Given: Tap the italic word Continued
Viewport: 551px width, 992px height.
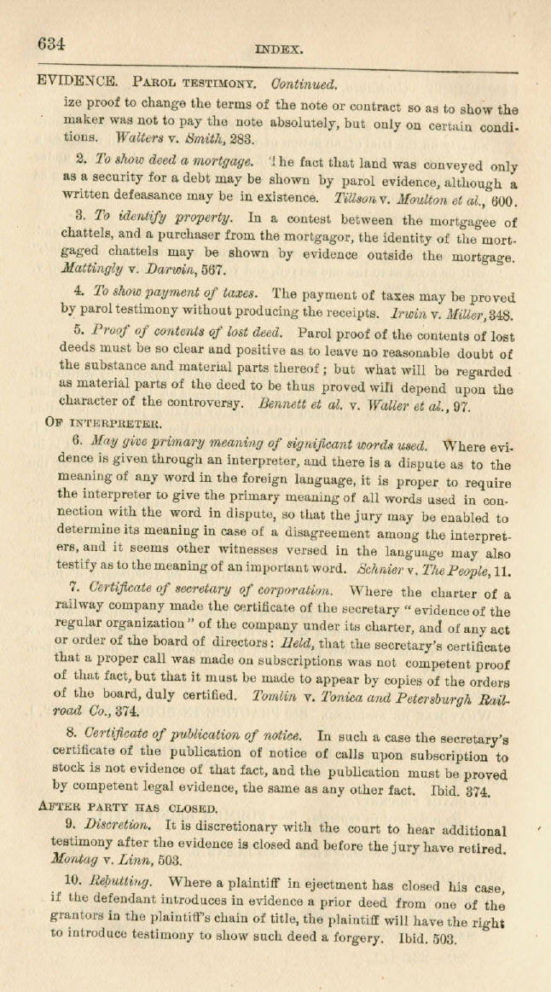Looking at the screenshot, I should [304, 84].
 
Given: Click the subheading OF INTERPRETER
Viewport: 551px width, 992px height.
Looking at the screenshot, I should [101, 422].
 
